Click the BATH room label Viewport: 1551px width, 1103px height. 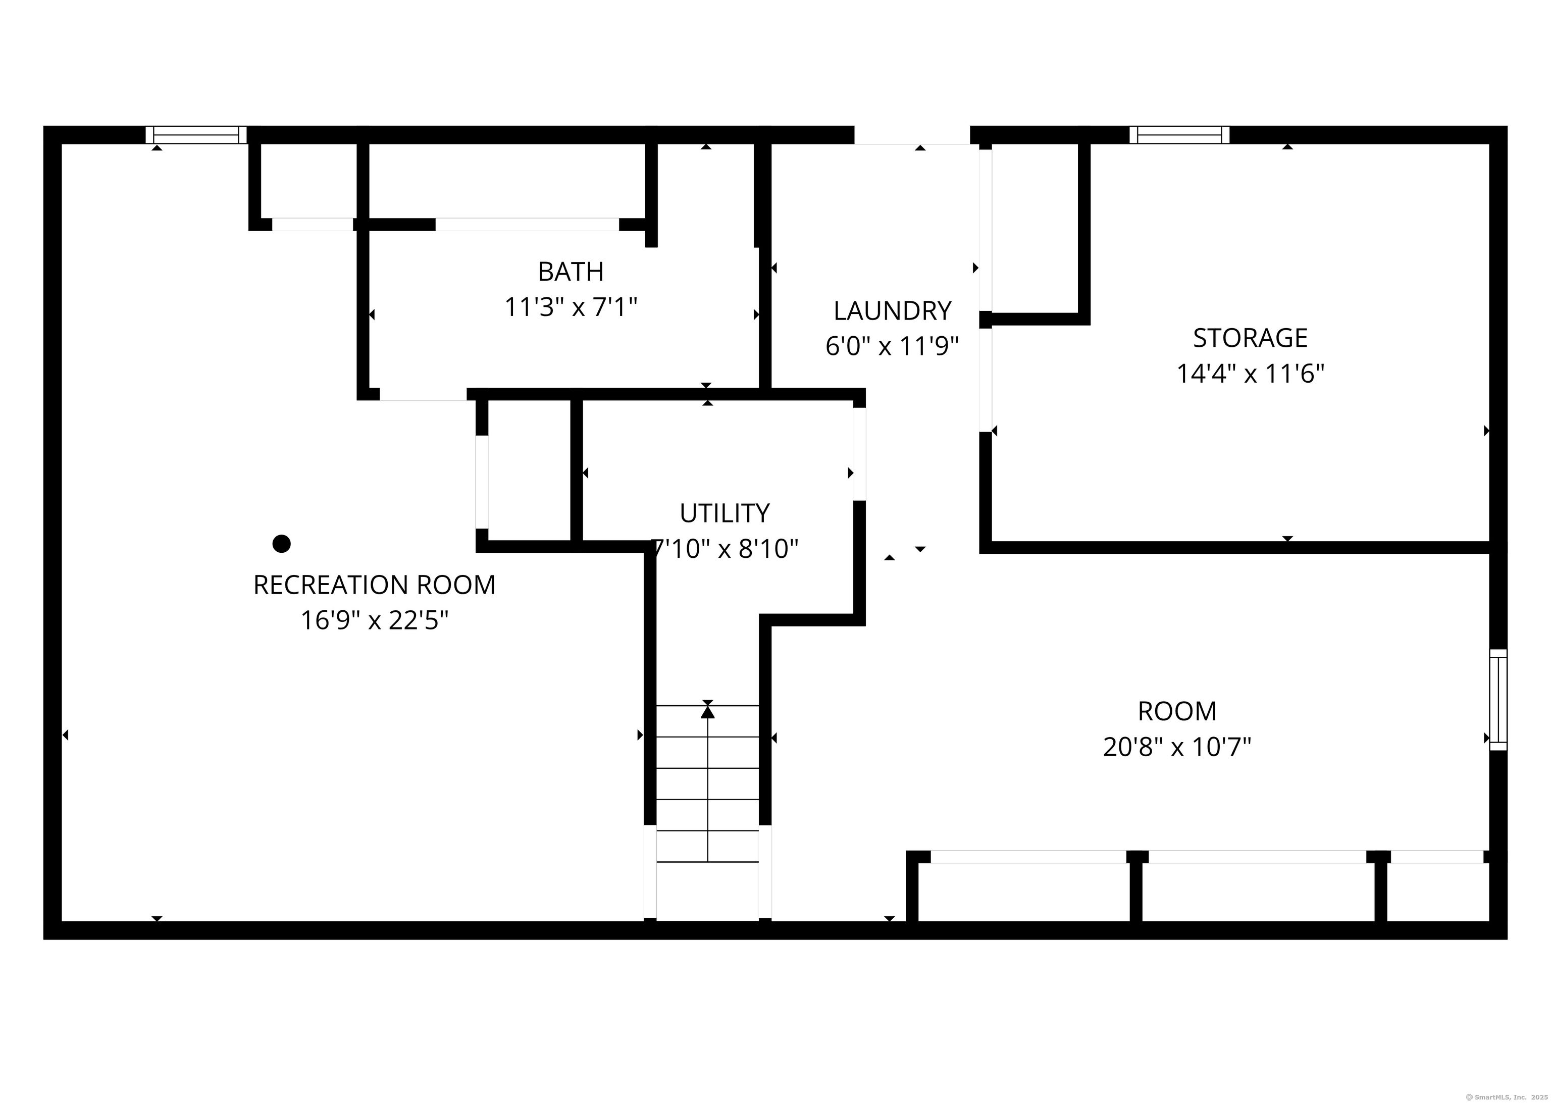pyautogui.click(x=570, y=272)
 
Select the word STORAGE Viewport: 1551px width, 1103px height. pyautogui.click(x=1250, y=338)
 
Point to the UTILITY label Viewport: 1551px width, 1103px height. pyautogui.click(x=724, y=513)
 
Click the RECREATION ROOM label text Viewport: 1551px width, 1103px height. pyautogui.click(x=374, y=585)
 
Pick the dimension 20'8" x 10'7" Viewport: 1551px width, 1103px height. pyautogui.click(x=1177, y=748)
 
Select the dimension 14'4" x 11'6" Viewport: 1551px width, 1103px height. pyautogui.click(x=1250, y=374)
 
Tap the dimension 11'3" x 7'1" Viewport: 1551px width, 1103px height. pyautogui.click(x=570, y=307)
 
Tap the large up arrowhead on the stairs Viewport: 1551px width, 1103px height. pyautogui.click(x=707, y=712)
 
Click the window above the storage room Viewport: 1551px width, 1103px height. pyautogui.click(x=1179, y=135)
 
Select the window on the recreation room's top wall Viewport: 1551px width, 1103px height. pyautogui.click(x=196, y=135)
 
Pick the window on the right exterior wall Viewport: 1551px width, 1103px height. pyautogui.click(x=1498, y=700)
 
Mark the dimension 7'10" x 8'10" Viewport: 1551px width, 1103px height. pyautogui.click(x=724, y=549)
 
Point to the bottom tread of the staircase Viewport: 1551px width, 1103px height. pyautogui.click(x=707, y=846)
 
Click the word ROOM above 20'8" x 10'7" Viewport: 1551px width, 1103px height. pyautogui.click(x=1177, y=712)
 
